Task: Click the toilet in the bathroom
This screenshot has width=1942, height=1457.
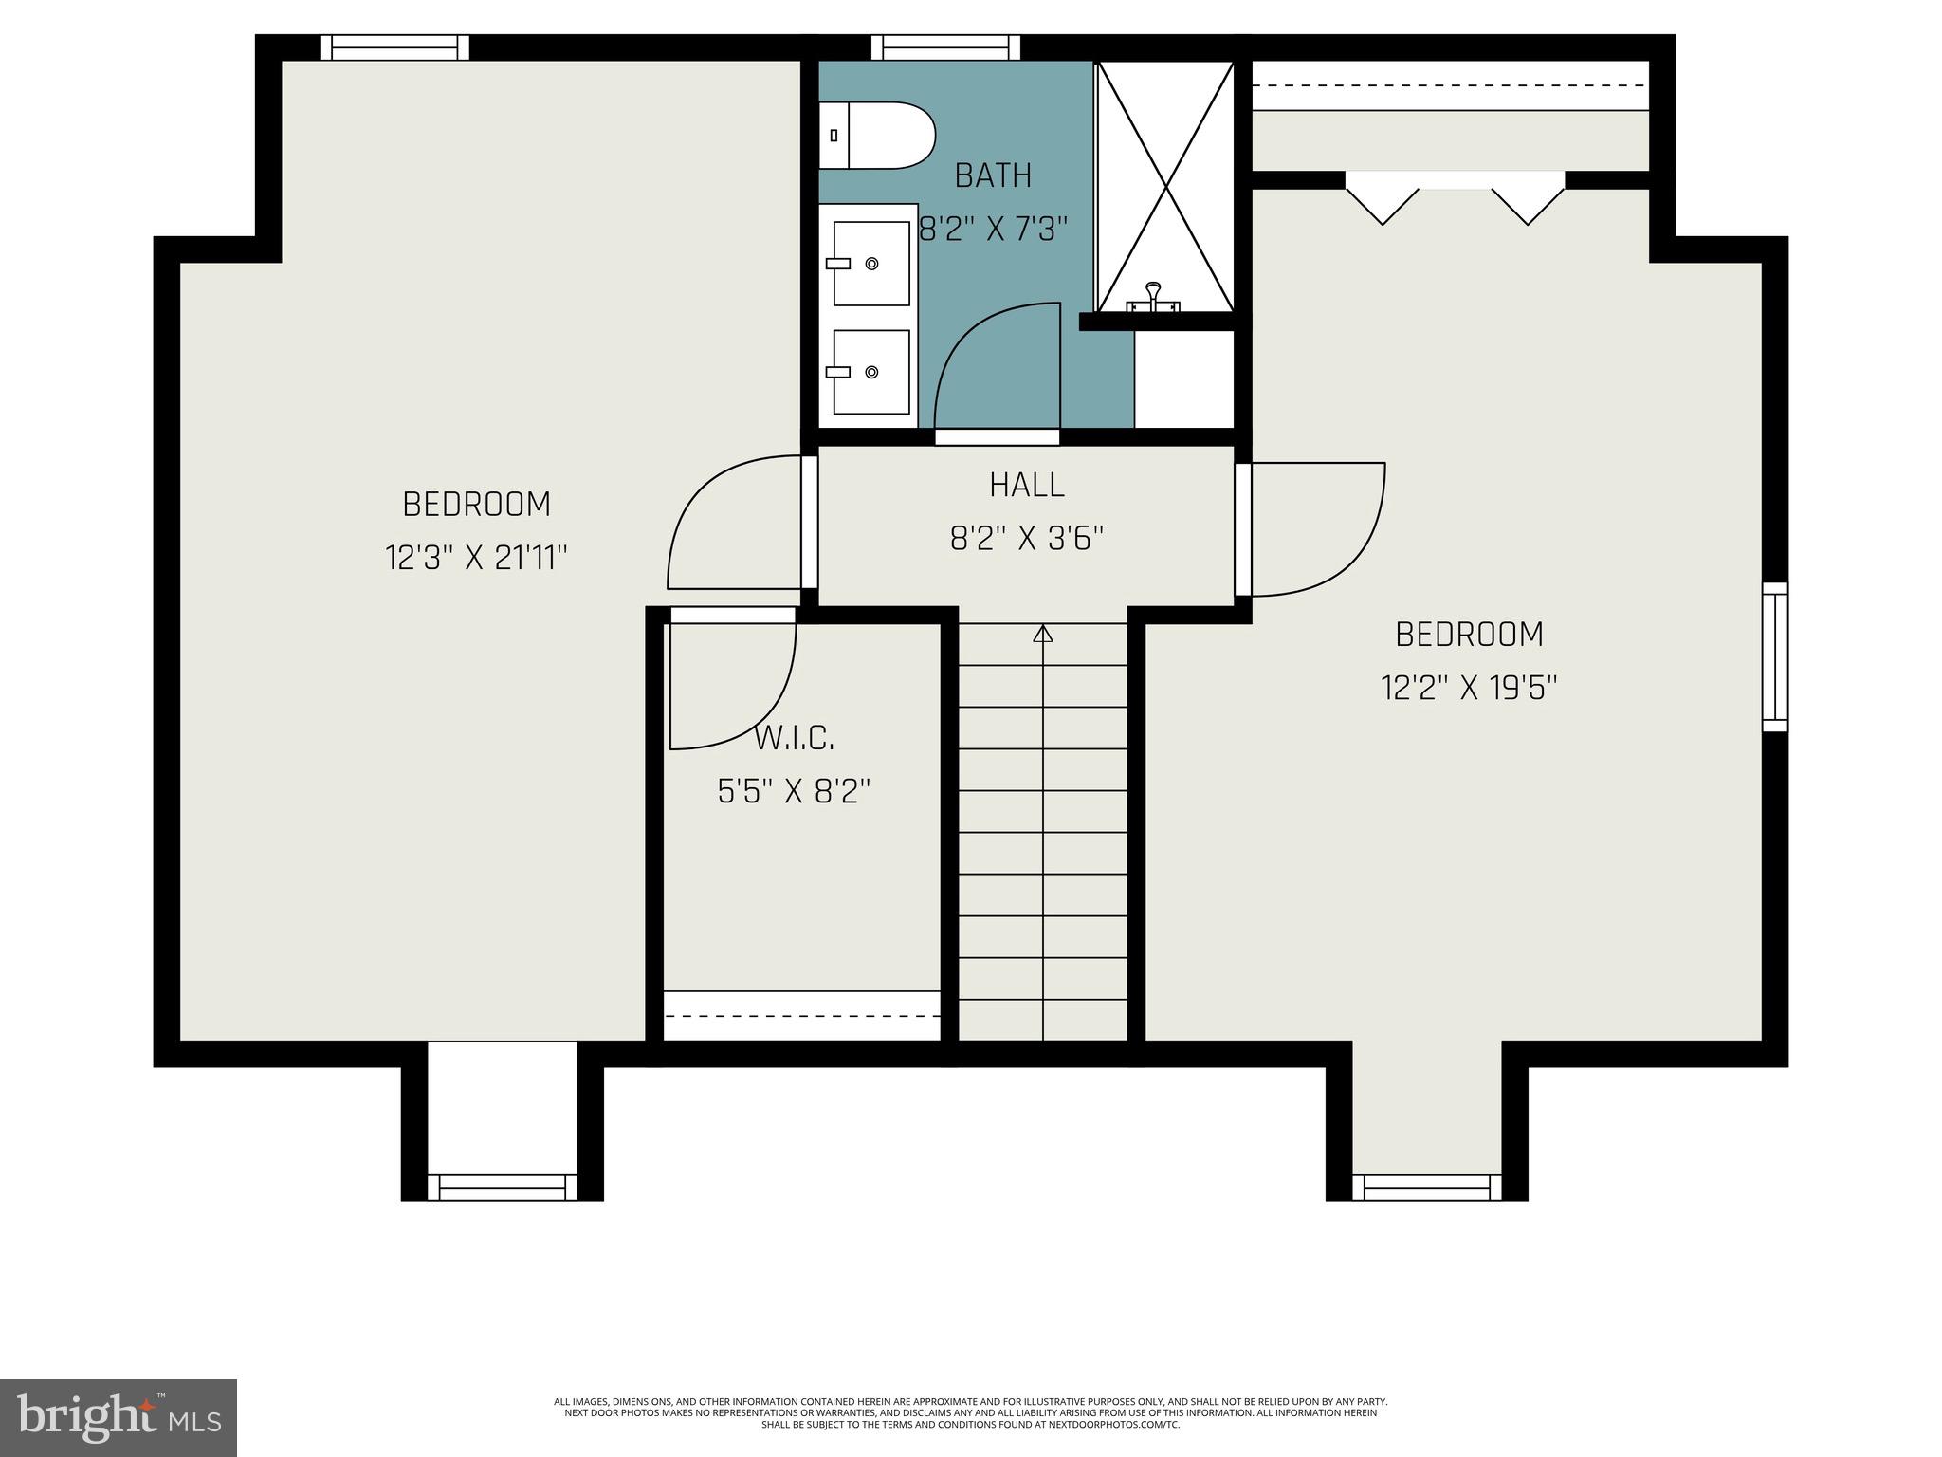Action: [877, 136]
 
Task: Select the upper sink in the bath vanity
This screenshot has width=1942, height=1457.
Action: [870, 263]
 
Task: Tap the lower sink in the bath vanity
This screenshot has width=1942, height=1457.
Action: [870, 372]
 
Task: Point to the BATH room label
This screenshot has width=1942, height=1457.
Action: [993, 175]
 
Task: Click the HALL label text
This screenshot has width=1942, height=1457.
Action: [1027, 486]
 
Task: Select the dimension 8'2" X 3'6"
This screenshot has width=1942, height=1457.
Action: [1027, 539]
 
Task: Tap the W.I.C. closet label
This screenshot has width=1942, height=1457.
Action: [795, 738]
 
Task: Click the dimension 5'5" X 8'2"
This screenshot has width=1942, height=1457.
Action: [794, 790]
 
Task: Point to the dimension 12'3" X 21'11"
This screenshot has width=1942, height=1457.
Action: [476, 557]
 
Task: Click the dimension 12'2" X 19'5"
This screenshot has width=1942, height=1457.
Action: [1469, 687]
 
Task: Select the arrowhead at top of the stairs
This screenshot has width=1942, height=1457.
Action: [1043, 634]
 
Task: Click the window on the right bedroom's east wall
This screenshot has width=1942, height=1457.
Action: [1774, 656]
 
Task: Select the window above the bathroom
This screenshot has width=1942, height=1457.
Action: [945, 47]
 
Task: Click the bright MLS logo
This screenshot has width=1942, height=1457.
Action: [119, 1417]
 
